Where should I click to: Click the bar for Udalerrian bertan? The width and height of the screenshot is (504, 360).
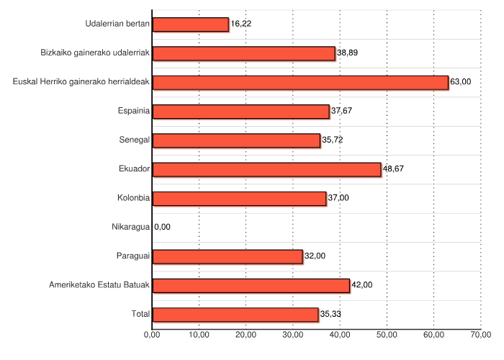[x=191, y=24]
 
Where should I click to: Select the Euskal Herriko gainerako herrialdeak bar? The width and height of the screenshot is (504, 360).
[x=300, y=82]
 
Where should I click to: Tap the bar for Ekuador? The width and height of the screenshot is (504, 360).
[x=266, y=169]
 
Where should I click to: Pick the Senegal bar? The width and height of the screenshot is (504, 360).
[x=236, y=140]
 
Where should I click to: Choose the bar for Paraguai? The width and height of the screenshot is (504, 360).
[x=228, y=256]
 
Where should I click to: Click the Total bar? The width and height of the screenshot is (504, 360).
[x=235, y=315]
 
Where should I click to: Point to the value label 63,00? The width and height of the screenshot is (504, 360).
[x=460, y=82]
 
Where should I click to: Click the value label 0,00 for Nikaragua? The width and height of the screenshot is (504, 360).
[x=163, y=228]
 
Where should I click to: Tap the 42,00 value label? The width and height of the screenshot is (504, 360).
[x=361, y=285]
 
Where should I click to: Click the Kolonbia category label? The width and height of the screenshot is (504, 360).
[x=133, y=198]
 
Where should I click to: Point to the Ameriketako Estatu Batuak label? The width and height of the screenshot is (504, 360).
[x=99, y=285]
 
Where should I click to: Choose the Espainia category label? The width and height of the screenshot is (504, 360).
[x=133, y=112]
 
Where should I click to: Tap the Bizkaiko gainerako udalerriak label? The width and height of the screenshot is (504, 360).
[x=95, y=53]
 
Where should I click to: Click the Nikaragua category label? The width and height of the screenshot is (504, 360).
[x=130, y=228]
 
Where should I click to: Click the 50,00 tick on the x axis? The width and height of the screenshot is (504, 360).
[x=387, y=335]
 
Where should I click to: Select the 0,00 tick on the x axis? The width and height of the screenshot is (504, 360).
[x=152, y=335]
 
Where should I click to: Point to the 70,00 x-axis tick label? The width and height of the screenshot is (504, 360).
[x=480, y=335]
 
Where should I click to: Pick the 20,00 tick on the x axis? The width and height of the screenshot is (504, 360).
[x=246, y=335]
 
